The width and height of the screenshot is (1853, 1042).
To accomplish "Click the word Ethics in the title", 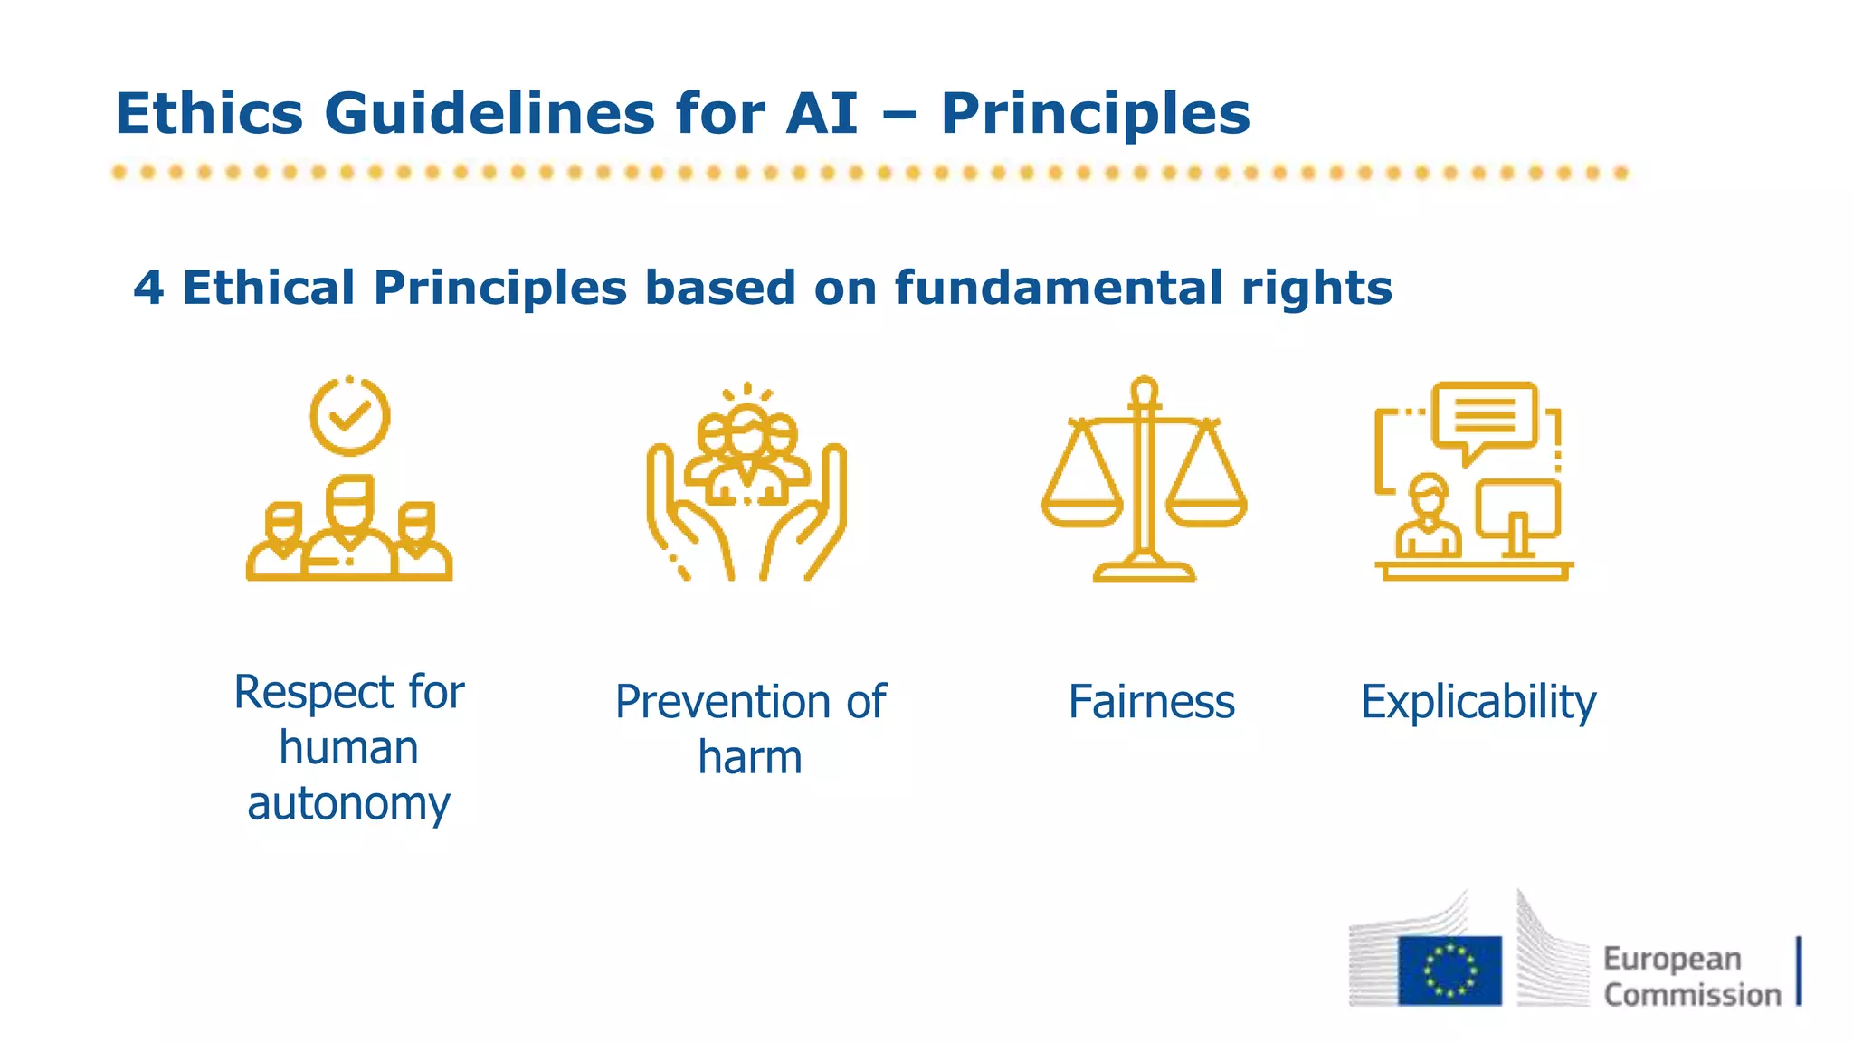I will tap(209, 114).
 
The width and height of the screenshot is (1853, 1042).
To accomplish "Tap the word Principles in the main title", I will tap(1095, 114).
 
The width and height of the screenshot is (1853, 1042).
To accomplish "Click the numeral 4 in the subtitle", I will tap(148, 289).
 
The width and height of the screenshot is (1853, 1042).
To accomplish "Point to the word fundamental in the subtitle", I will tap(1060, 289).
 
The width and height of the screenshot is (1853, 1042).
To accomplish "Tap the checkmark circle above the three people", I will tap(349, 416).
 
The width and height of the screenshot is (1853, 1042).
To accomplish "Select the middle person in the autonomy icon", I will tap(349, 529).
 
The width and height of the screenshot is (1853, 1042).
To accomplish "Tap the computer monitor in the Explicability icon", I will tap(1517, 511).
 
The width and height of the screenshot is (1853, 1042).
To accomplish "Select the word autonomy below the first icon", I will tap(348, 803).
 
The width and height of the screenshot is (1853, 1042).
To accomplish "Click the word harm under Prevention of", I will tap(750, 757).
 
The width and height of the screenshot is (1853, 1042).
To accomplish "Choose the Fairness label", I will tap(1151, 702).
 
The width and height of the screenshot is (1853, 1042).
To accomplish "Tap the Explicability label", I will tap(1478, 702).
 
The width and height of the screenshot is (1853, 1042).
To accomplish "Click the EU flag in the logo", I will tap(1449, 971).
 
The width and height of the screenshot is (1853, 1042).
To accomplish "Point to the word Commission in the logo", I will tap(1692, 994).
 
